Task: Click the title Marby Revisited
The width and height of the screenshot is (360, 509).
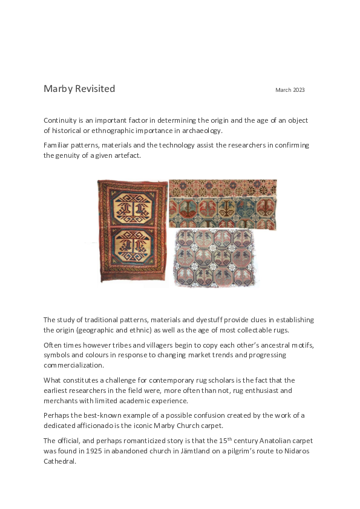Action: coord(79,89)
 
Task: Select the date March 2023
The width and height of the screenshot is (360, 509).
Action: coord(290,90)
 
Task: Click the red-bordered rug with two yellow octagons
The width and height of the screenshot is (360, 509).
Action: coord(133,230)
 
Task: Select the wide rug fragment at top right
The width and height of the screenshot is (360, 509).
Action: coord(223,204)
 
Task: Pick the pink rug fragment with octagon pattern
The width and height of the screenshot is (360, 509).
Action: coord(215,258)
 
